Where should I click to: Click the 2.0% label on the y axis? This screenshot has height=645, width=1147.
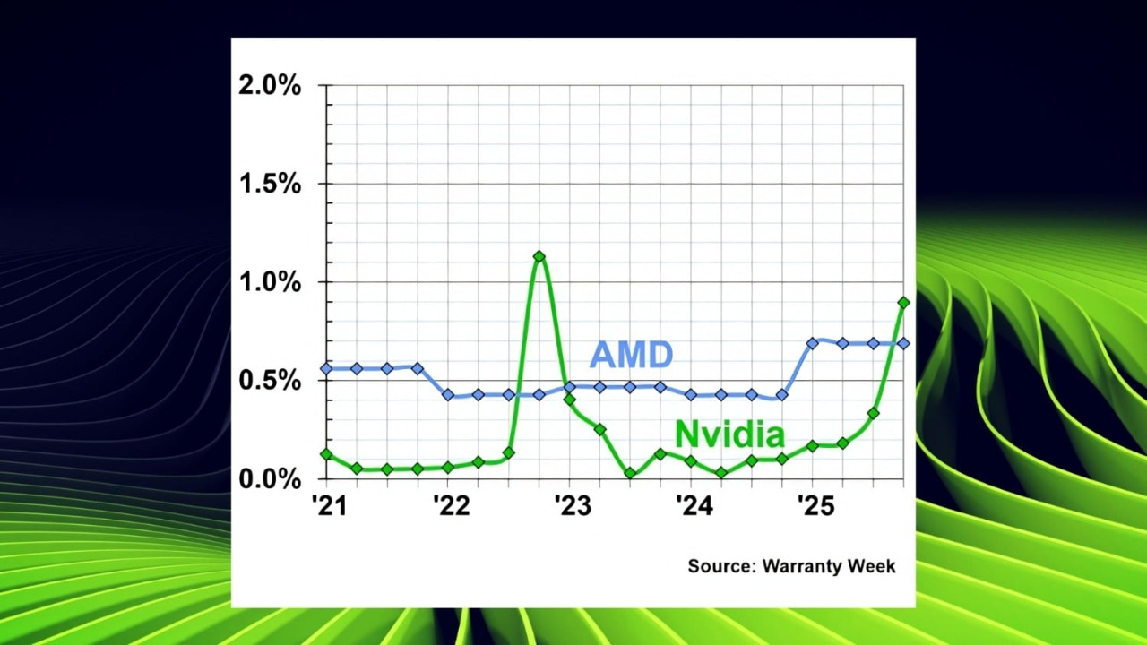pos(269,86)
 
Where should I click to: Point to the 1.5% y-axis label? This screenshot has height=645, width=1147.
pos(269,185)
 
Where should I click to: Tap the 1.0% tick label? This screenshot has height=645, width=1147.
pos(269,282)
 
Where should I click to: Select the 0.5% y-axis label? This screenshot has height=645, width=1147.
pos(269,381)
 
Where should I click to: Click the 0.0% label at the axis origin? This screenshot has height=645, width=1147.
pos(269,479)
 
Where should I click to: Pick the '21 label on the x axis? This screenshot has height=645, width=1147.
pos(329,506)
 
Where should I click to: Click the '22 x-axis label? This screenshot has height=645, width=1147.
pos(451,506)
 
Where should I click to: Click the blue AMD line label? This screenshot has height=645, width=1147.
pos(631,355)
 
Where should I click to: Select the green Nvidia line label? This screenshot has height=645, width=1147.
pos(729,434)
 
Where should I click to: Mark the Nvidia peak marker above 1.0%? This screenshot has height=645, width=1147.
pos(539,257)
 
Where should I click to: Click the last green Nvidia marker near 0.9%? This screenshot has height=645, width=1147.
pos(903,303)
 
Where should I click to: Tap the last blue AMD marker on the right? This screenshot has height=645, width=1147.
pos(903,343)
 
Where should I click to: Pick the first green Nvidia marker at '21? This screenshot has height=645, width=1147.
pos(326,454)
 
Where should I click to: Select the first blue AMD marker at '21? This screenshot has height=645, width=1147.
pos(326,368)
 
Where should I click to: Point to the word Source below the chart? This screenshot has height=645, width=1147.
pos(720,566)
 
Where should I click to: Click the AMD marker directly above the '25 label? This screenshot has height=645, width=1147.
pos(813,343)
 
